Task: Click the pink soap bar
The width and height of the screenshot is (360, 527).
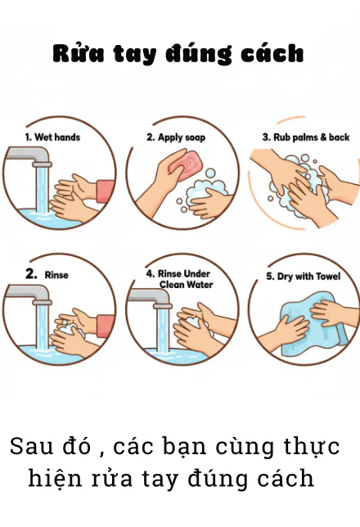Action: click(187, 165)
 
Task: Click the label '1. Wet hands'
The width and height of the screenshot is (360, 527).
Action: click(53, 137)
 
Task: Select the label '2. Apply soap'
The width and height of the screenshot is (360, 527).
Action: click(176, 137)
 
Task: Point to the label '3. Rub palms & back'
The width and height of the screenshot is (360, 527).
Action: click(306, 137)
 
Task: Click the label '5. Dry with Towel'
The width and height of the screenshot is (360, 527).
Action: click(304, 277)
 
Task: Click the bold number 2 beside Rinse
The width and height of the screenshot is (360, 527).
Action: click(31, 274)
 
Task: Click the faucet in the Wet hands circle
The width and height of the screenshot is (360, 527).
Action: click(30, 156)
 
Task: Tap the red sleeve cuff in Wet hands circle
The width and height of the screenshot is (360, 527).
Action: click(106, 191)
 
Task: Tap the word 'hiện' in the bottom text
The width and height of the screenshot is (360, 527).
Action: click(55, 478)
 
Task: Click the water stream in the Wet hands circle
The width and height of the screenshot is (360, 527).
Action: click(43, 190)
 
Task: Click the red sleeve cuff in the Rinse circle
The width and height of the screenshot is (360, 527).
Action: click(106, 327)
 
